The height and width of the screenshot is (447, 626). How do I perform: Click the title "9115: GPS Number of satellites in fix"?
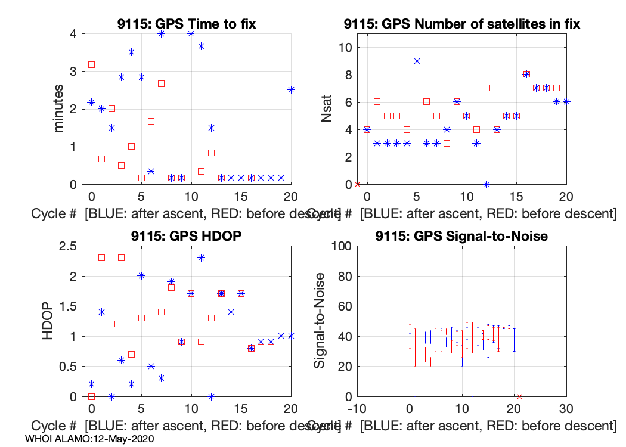pyautogui.click(x=462, y=24)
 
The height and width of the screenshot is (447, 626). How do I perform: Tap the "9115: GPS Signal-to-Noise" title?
pyautogui.click(x=462, y=236)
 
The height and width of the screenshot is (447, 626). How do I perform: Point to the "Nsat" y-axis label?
pyautogui.click(x=326, y=109)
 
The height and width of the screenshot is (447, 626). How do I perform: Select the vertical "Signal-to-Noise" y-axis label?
pyautogui.click(x=320, y=321)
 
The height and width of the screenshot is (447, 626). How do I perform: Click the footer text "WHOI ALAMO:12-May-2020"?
pyautogui.click(x=90, y=439)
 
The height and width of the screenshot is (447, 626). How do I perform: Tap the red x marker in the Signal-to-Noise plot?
pyautogui.click(x=519, y=396)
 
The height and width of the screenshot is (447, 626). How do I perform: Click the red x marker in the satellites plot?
pyautogui.click(x=357, y=184)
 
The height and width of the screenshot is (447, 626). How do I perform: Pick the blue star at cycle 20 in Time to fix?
pyautogui.click(x=291, y=89)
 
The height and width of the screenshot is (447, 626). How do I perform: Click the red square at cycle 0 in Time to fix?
pyautogui.click(x=91, y=64)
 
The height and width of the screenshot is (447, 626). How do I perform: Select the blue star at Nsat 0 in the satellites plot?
pyautogui.click(x=486, y=184)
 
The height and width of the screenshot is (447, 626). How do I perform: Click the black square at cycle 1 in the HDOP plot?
pyautogui.click(x=101, y=257)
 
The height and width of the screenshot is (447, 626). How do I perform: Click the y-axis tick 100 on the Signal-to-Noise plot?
pyautogui.click(x=339, y=246)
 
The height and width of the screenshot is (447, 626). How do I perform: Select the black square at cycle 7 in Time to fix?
pyautogui.click(x=161, y=83)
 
